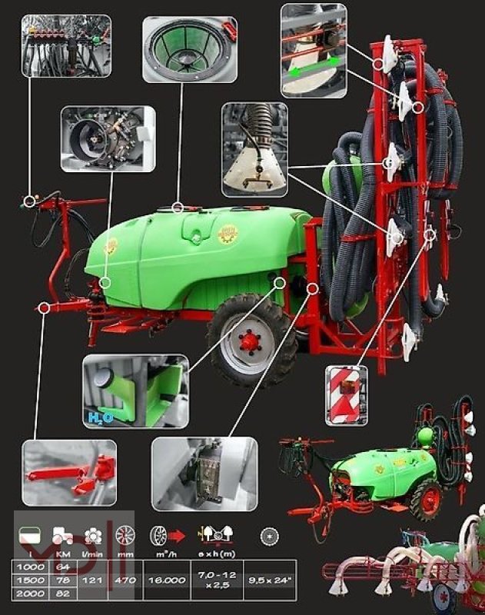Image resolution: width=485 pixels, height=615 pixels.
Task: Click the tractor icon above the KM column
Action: coord(63,536)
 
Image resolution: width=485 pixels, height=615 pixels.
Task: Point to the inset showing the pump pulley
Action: coord(108,138)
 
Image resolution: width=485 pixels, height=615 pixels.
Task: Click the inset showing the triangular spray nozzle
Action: coord(254,149)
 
